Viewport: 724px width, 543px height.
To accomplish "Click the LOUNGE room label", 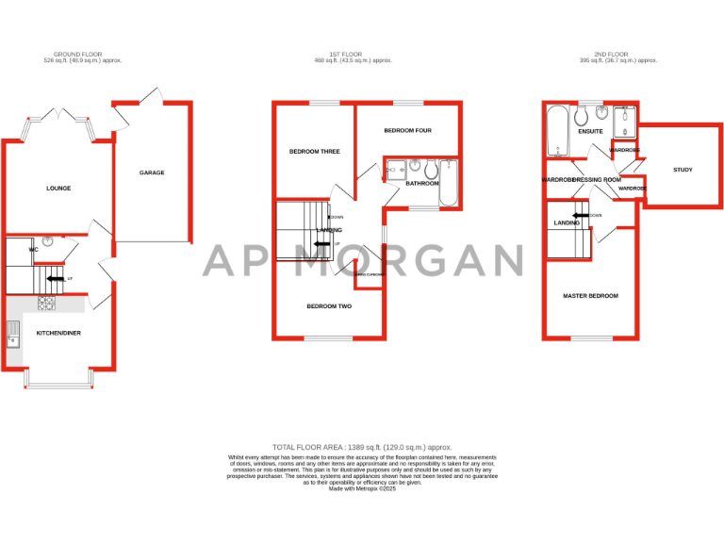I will (x=58, y=189).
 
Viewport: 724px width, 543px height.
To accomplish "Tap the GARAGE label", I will (x=152, y=173).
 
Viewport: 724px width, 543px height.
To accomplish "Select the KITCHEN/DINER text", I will (x=58, y=334).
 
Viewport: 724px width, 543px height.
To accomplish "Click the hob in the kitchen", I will (x=46, y=304).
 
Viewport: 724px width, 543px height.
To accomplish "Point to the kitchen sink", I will (x=13, y=334).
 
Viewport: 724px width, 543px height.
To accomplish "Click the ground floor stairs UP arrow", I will (x=56, y=278).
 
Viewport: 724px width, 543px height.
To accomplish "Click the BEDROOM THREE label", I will (x=314, y=151).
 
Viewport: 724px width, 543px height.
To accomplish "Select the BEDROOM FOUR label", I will (x=407, y=130).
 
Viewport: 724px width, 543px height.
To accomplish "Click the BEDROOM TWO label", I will (x=329, y=306).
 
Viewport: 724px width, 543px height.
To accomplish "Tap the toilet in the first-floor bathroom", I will (x=430, y=169).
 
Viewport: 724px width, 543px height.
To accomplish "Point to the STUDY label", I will (x=683, y=170).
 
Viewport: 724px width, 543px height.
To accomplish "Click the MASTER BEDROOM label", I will (x=590, y=296).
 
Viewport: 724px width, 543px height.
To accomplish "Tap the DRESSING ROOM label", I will (x=597, y=179).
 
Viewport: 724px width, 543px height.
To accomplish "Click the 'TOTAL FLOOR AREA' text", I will (x=362, y=447).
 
